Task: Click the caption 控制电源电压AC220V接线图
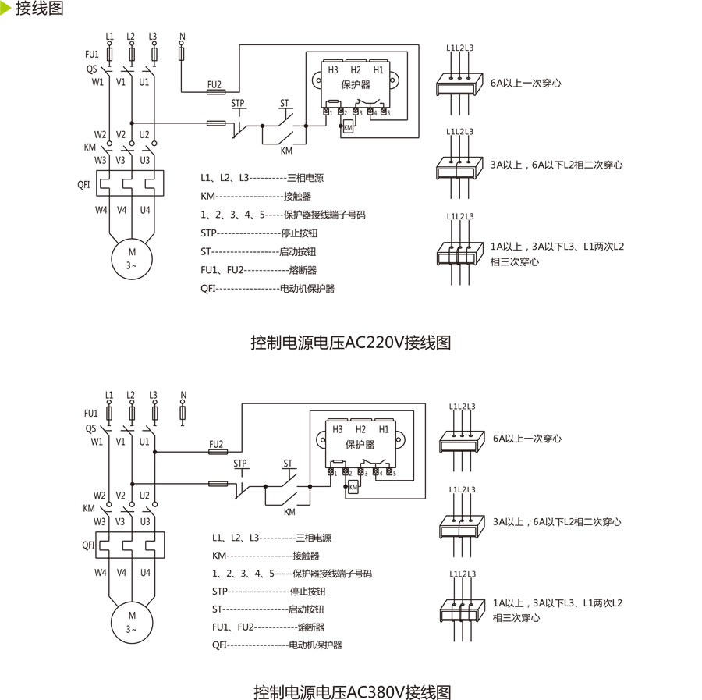(351, 342)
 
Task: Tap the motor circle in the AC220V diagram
(132, 259)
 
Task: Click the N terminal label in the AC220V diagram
(182, 37)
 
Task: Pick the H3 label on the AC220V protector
(333, 70)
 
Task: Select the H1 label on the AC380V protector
(383, 429)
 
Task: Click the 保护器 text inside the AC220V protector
(356, 85)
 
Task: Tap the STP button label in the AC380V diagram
(240, 464)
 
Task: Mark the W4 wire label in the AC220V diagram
(101, 210)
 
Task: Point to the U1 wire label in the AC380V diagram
(144, 442)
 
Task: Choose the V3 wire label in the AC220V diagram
(122, 160)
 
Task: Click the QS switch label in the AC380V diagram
(91, 428)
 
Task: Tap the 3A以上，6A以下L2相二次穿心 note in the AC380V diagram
(556, 522)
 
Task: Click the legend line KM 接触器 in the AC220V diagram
(255, 197)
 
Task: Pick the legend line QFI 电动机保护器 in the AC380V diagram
(277, 645)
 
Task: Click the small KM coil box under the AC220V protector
(348, 127)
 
